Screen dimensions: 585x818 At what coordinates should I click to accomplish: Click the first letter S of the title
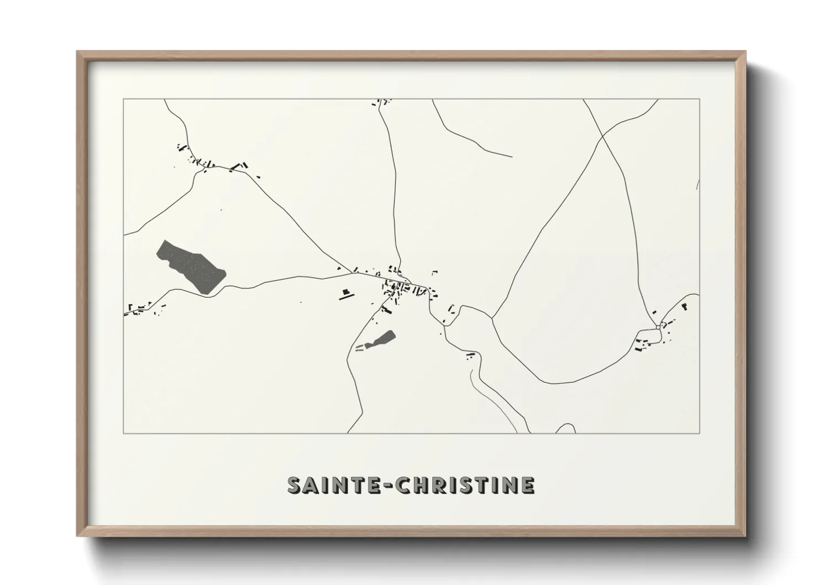(x=295, y=485)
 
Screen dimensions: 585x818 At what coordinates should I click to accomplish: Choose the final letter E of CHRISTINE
(x=527, y=485)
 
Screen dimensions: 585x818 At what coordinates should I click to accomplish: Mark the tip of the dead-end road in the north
(x=512, y=156)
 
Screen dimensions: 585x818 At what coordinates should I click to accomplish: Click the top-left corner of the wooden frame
(x=77, y=52)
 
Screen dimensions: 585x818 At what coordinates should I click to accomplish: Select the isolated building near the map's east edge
(x=684, y=305)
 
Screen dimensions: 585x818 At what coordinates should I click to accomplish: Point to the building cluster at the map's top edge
(x=381, y=102)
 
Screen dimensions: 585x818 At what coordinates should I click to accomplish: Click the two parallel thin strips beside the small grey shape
(x=360, y=347)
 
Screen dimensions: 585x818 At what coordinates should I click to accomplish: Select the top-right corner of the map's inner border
(x=700, y=99)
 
